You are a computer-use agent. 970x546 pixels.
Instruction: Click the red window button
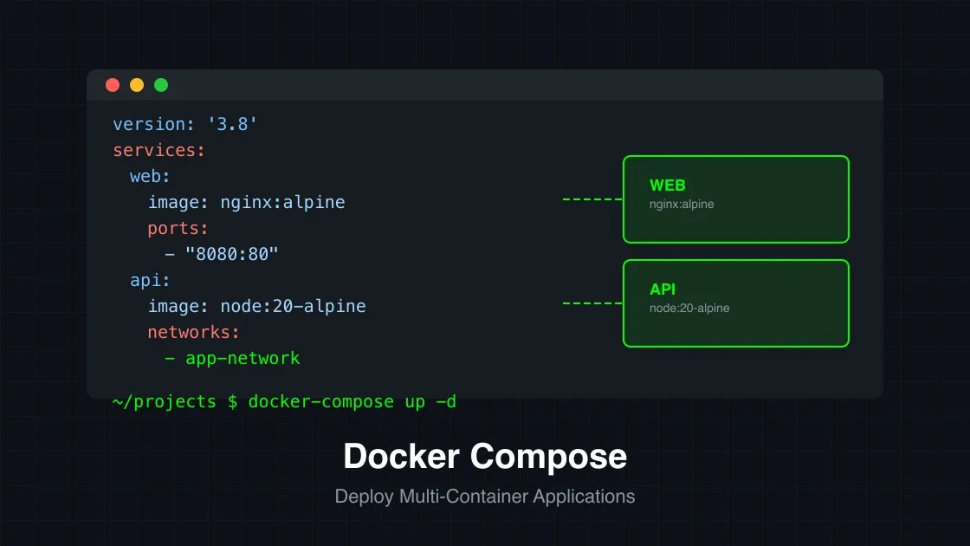113,85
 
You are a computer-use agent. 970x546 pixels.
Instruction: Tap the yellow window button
137,85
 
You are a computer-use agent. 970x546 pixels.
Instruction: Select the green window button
161,85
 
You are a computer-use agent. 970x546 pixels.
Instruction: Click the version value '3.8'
232,124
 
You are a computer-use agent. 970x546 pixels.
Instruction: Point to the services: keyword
159,150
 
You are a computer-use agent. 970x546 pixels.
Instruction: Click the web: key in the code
151,176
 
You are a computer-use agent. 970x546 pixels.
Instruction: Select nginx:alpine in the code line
282,202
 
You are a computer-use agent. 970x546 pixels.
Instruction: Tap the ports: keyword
178,228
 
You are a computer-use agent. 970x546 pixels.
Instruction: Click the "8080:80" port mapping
232,254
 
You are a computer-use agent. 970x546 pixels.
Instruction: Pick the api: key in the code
151,280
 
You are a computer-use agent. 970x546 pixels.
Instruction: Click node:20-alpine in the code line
293,306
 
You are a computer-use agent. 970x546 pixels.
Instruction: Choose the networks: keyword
193,332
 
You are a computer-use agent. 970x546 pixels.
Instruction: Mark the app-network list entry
242,358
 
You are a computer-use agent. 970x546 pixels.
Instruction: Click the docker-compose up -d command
352,401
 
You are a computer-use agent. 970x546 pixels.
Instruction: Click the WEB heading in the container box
667,185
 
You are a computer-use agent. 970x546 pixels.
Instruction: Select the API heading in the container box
663,289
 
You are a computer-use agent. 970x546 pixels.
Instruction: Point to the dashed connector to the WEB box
592,199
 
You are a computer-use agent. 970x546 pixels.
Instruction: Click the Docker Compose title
485,457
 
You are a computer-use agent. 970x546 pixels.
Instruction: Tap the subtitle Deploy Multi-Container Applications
485,497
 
